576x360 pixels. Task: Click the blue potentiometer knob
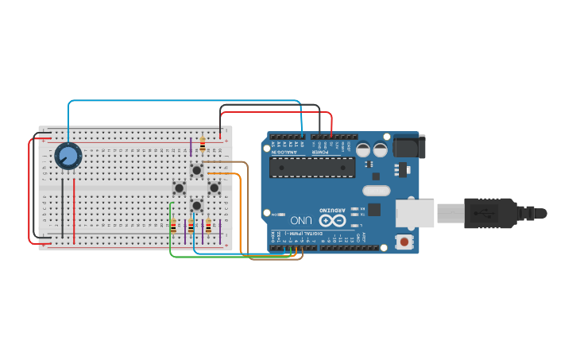tap(68, 156)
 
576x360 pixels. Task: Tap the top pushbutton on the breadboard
tap(196, 170)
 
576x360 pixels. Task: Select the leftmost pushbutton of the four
tap(180, 188)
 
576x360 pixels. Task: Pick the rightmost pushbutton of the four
tap(214, 188)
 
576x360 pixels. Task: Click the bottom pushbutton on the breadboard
tap(196, 206)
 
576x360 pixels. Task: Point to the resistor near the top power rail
tap(203, 145)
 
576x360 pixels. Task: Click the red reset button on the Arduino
tap(405, 241)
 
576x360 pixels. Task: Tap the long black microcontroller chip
tap(312, 166)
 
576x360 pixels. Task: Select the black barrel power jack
tap(409, 146)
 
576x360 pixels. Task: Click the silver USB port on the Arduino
tap(416, 213)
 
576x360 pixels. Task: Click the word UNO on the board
tap(301, 219)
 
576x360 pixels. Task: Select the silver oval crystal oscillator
tap(376, 190)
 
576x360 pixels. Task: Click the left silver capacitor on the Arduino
tap(363, 149)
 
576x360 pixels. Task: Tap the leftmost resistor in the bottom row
tap(173, 226)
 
